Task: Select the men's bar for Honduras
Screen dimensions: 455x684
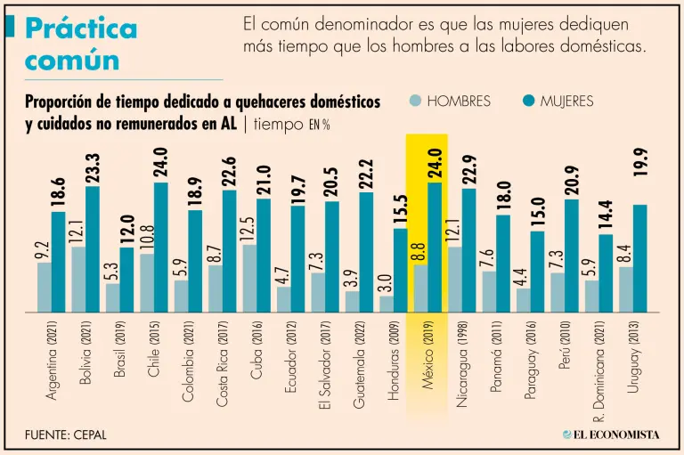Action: tap(386, 304)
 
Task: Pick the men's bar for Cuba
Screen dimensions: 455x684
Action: tap(249, 278)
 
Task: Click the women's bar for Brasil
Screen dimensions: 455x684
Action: tap(126, 280)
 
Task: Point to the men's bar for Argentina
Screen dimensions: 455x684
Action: tap(45, 287)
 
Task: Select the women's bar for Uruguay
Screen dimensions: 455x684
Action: tap(640, 258)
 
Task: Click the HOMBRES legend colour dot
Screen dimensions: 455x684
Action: tap(416, 102)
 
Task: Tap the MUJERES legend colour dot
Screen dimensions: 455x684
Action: tap(528, 102)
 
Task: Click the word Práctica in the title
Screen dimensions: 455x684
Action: tap(81, 29)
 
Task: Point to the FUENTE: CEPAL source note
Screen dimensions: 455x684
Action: tap(71, 435)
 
